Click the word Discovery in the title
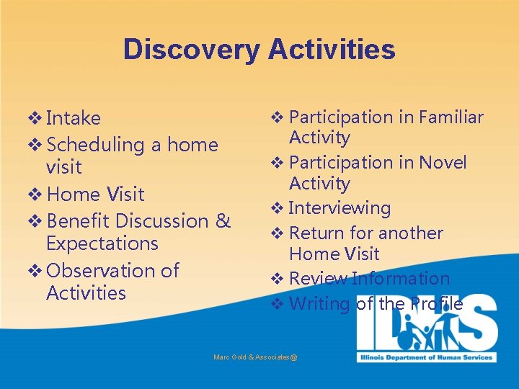coord(192,50)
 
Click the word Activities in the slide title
coord(332,50)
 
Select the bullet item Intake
coord(73,118)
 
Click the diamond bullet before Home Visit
coord(35,194)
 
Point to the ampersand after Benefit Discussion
coord(223,220)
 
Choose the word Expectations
coord(102,243)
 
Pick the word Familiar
coord(451,117)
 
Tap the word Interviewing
coord(339,208)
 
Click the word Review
coord(318,279)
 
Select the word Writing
coord(319,304)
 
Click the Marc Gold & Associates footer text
coord(255,357)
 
